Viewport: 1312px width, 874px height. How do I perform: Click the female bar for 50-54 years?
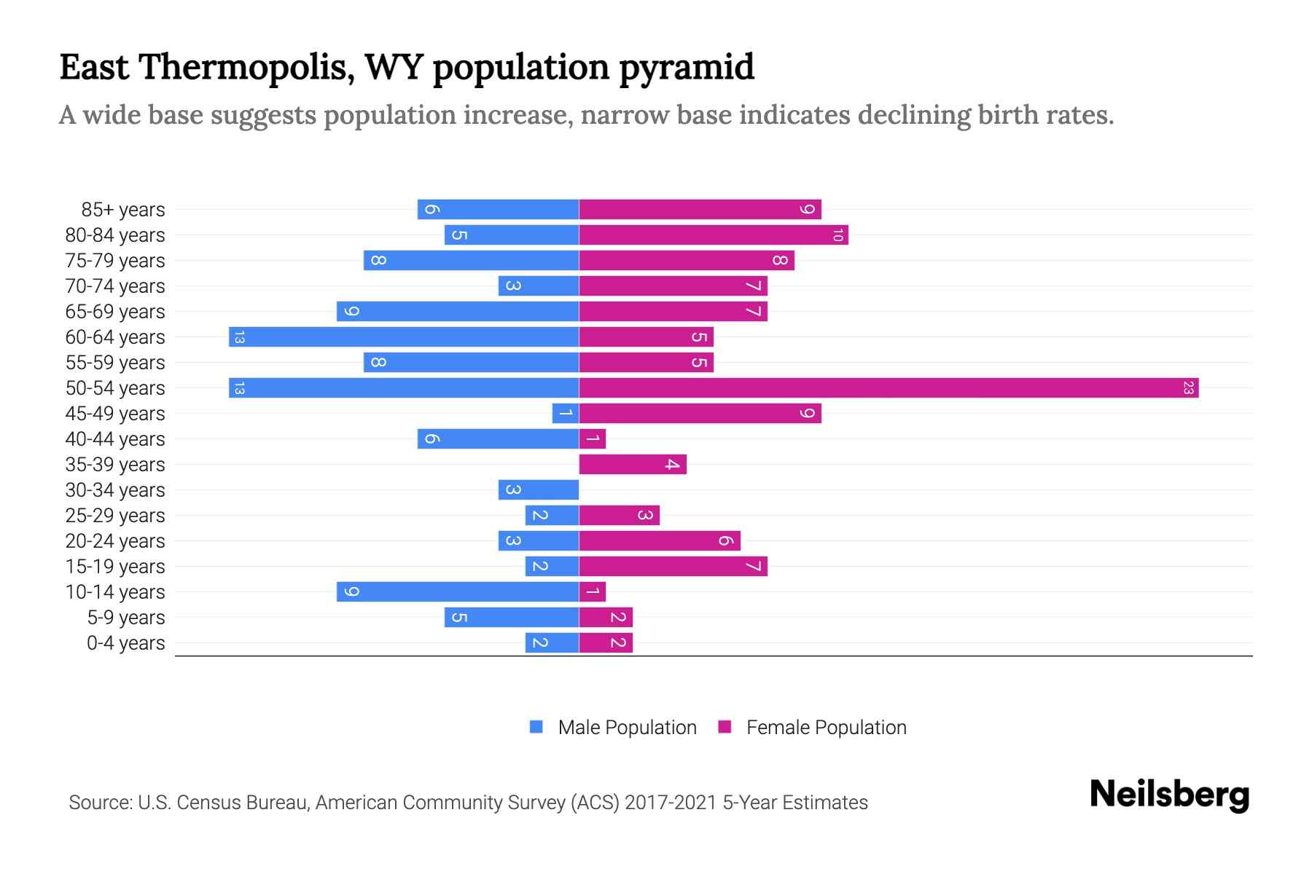click(x=888, y=388)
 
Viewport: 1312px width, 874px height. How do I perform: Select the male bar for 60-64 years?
click(x=404, y=337)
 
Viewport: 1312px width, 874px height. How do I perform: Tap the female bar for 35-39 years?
click(x=632, y=465)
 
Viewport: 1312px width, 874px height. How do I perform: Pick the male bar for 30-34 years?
click(x=538, y=490)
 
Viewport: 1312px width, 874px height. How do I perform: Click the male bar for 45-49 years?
click(x=565, y=414)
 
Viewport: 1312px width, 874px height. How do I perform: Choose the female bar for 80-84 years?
click(x=713, y=235)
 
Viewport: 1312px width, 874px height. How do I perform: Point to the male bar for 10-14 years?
click(x=457, y=592)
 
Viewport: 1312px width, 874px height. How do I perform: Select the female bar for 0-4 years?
click(x=605, y=643)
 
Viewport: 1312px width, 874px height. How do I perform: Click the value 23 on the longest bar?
click(x=1188, y=388)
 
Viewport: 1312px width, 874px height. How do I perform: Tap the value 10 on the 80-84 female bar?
click(x=837, y=235)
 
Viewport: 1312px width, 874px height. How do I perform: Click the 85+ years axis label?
click(x=123, y=210)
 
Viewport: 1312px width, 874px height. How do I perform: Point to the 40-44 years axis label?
click(x=115, y=439)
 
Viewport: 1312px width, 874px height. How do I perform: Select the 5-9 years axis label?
click(x=126, y=618)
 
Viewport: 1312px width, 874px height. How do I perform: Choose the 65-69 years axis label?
click(x=115, y=312)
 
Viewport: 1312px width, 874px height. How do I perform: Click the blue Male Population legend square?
click(x=536, y=727)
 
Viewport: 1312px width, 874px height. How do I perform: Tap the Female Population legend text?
click(x=826, y=728)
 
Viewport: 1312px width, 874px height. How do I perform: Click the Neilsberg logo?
click(x=1169, y=795)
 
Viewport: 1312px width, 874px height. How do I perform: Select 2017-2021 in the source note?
click(x=671, y=803)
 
